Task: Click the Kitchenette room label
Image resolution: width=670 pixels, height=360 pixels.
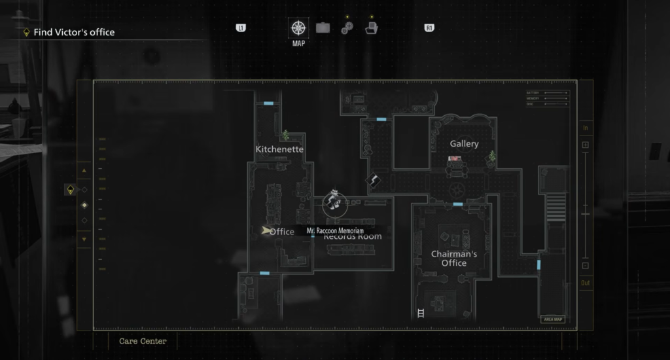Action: pos(279,149)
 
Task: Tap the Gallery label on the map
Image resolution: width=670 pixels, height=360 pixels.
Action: pos(464,144)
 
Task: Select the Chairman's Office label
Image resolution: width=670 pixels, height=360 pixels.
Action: pos(449,259)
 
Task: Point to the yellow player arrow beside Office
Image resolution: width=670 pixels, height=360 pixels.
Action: pos(266,230)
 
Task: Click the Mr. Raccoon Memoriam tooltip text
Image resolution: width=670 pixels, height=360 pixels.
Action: pos(334,231)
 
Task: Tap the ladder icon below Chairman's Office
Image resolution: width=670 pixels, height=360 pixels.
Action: pos(420,313)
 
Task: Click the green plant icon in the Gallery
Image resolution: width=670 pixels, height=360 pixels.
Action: pos(491,156)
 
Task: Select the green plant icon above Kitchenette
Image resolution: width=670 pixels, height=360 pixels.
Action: pos(285,135)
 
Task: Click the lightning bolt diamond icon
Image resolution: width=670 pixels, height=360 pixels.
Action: pos(374,181)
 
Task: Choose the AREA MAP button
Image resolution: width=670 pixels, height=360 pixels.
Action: pos(552,319)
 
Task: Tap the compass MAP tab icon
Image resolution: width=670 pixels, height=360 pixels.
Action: pos(298,28)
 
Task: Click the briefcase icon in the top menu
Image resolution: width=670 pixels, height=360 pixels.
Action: pos(323,28)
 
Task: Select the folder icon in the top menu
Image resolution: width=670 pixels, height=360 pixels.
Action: pos(371,28)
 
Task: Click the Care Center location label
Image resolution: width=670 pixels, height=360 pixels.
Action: pos(143,341)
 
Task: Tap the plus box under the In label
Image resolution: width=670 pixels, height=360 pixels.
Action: pos(586,145)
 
